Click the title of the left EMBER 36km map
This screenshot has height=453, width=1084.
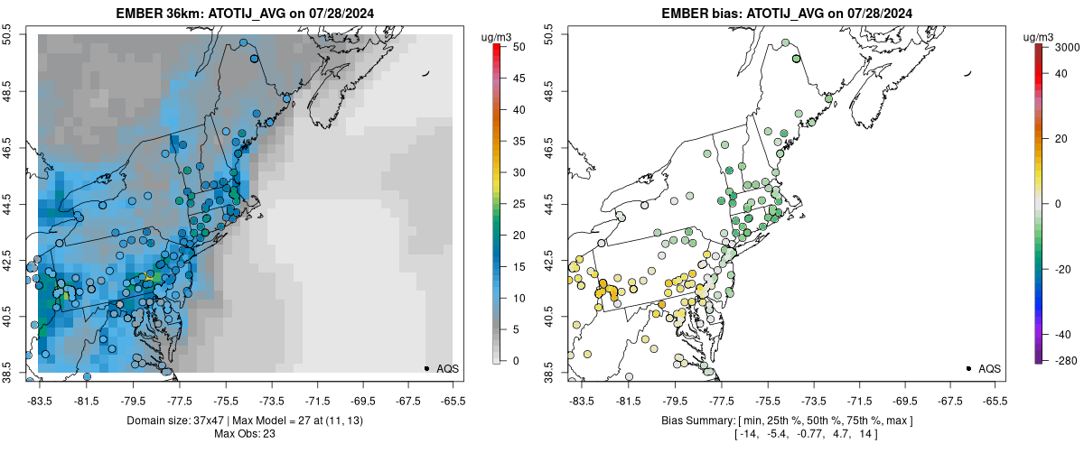click(245, 14)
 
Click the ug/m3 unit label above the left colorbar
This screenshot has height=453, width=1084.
click(498, 36)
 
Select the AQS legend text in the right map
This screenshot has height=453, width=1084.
click(989, 368)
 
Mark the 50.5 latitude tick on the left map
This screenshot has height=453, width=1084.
click(8, 34)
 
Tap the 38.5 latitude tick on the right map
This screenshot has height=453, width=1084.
click(550, 372)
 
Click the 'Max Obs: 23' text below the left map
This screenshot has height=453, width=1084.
click(245, 434)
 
